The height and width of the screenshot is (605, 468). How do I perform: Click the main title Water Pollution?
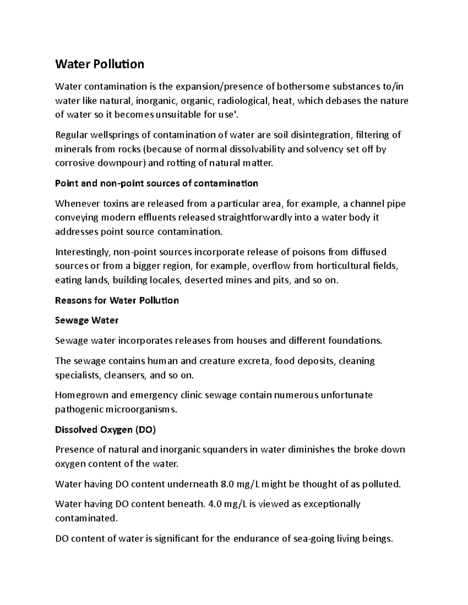(x=99, y=64)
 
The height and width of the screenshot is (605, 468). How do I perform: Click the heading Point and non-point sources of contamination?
(x=156, y=183)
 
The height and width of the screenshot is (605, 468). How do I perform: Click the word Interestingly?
(x=83, y=252)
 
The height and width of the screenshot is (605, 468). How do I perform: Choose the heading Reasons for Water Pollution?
(x=117, y=300)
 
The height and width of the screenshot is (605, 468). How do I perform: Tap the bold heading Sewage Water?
(x=87, y=320)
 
